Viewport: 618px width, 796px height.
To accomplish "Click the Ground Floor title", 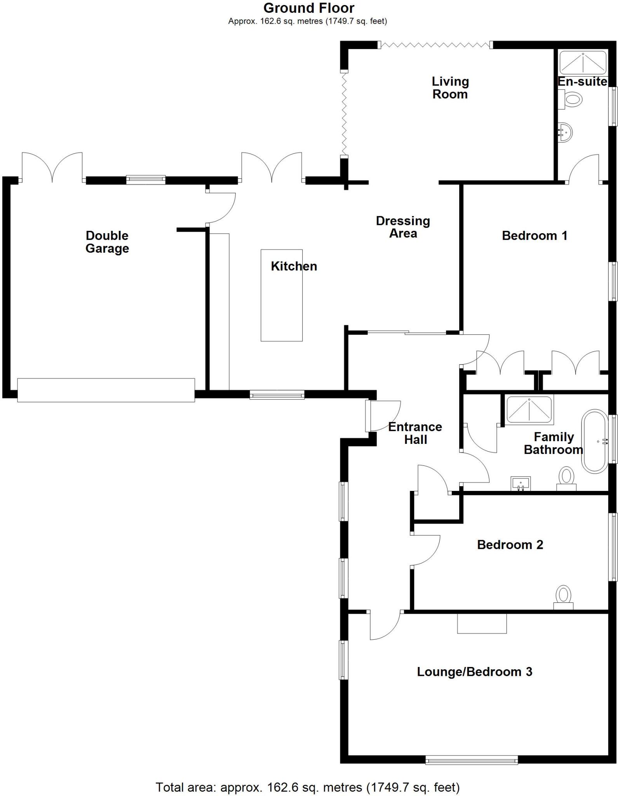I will (x=309, y=8).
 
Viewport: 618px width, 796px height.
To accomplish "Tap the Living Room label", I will (x=450, y=88).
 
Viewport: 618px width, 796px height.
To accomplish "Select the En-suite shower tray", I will (x=583, y=62).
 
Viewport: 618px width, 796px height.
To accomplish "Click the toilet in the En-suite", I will (x=572, y=99).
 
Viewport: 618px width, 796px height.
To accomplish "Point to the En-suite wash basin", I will (x=566, y=132).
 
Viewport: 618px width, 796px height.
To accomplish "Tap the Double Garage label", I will (x=107, y=242).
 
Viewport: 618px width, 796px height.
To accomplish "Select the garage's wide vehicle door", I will (x=106, y=390).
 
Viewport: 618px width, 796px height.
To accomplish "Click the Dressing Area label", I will (x=403, y=227).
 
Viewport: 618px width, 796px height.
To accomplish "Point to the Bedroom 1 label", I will (x=534, y=236).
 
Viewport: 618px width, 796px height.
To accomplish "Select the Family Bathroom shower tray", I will (x=529, y=409).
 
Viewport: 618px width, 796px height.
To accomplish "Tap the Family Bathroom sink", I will (x=521, y=484).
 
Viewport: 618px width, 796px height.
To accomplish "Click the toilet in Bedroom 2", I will (x=563, y=597).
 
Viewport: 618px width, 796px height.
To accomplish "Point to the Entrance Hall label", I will (x=415, y=433).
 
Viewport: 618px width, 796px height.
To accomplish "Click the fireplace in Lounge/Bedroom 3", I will (x=482, y=623).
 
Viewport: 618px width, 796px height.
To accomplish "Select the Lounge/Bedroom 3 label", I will (x=474, y=672).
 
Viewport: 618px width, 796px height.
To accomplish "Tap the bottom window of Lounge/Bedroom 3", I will (x=472, y=759).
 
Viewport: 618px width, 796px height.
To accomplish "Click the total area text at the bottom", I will (x=308, y=787).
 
